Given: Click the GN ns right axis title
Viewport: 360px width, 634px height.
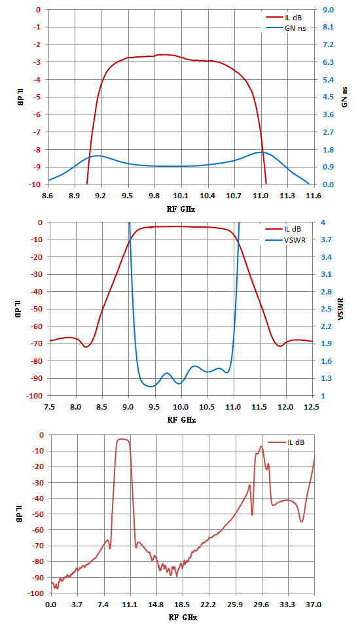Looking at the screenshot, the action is click(x=345, y=97).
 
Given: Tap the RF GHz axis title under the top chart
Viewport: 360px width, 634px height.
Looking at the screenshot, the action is click(x=181, y=209).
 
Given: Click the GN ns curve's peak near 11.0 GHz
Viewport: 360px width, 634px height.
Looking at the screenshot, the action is click(x=261, y=152).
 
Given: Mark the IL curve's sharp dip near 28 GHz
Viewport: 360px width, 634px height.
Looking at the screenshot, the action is click(x=252, y=515).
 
